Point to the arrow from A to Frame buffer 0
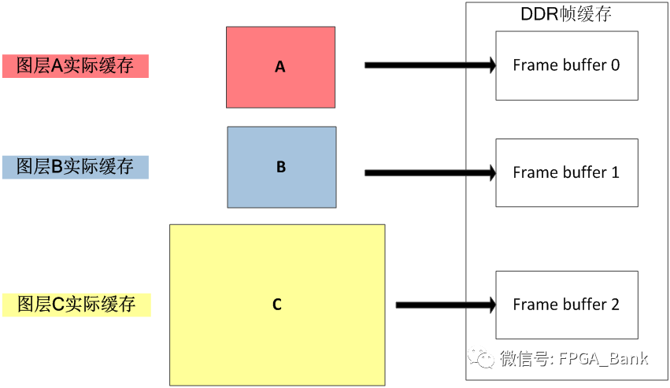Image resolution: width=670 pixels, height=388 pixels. coord(429,65)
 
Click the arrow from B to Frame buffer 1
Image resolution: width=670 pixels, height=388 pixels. coord(429,172)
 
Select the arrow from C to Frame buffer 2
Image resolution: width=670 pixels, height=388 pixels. coord(445,305)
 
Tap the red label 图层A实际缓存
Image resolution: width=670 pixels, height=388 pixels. coord(76,66)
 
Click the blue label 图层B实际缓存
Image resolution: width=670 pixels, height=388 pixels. coord(76,167)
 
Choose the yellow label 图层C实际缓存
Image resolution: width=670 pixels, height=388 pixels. coord(76,305)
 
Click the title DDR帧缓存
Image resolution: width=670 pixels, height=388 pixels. coord(566,14)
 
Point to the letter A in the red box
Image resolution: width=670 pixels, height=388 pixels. coord(280,68)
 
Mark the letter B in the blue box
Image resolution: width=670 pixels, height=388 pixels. coord(281,168)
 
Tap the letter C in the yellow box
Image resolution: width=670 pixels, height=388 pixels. coord(277,305)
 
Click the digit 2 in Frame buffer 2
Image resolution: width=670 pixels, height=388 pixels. coord(614,305)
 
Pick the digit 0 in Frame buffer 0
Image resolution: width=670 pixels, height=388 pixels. coord(615,65)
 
